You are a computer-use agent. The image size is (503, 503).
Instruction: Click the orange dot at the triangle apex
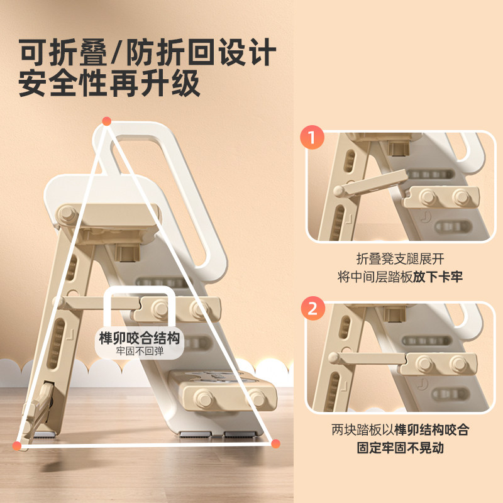[107, 121]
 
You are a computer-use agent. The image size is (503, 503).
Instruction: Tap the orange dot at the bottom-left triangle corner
[17, 445]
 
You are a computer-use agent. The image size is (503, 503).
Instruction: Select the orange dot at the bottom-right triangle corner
[275, 444]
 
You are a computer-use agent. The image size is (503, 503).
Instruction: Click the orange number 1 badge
[312, 138]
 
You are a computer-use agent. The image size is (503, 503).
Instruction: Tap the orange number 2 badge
[312, 309]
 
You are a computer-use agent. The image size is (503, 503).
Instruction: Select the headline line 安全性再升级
[109, 84]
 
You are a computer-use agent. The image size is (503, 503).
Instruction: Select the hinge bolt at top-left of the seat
[66, 214]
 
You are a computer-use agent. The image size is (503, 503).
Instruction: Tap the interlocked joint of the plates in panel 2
[406, 362]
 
